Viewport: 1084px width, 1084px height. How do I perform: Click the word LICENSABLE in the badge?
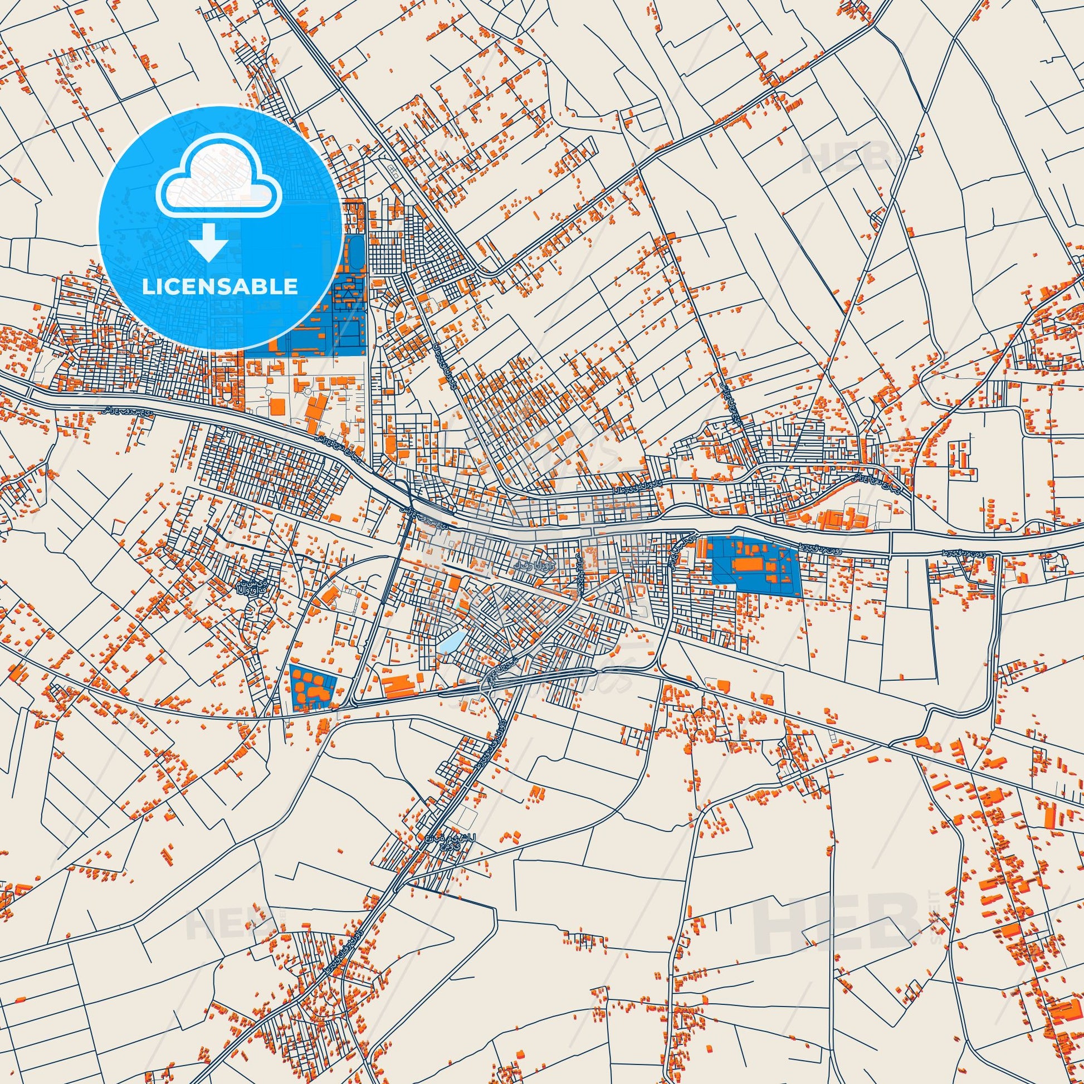220,286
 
